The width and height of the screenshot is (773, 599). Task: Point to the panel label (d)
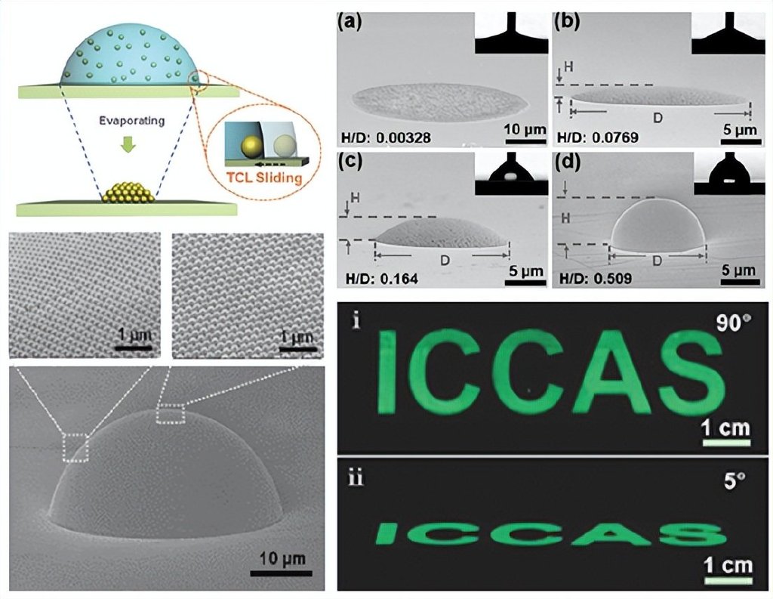click(568, 161)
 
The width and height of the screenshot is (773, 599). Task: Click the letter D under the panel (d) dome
click(657, 261)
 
